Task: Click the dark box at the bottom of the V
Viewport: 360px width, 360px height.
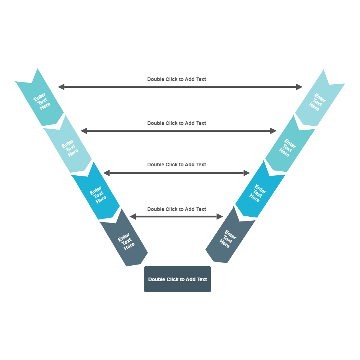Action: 177,279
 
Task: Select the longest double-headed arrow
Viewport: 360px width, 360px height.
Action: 180,87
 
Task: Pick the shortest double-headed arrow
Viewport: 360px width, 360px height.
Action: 176,216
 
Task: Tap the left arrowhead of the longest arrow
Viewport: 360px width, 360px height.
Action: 61,87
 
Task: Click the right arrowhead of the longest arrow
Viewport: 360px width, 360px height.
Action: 300,87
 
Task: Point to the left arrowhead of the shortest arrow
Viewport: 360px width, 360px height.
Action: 132,216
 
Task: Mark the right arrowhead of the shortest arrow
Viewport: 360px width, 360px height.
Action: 220,216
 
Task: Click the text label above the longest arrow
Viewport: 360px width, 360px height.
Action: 176,79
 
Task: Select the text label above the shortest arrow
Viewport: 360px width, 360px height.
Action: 176,209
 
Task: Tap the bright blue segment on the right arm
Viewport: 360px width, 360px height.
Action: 258,193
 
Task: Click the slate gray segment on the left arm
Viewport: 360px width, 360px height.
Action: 125,240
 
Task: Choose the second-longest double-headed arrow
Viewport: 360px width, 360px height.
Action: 178,131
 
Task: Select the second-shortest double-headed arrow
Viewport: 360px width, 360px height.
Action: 176,173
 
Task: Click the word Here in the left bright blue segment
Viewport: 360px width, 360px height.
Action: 101,199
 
